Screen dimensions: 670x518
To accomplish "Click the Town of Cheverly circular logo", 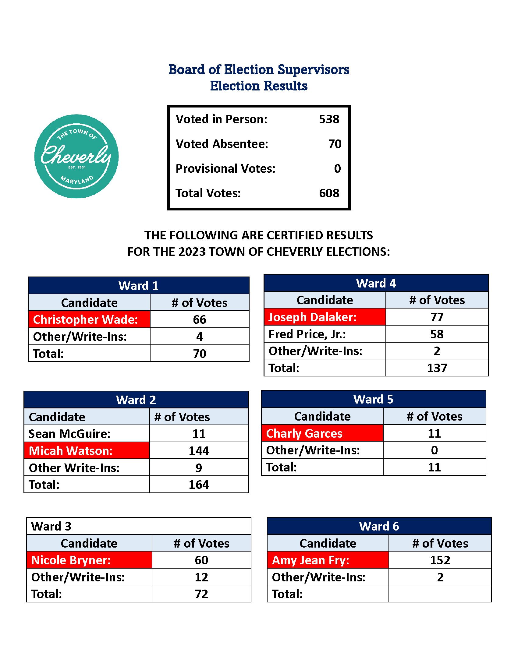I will tap(76, 156).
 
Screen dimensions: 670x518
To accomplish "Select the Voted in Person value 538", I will tap(329, 119).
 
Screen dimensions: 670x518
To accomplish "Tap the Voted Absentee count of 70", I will tap(335, 144).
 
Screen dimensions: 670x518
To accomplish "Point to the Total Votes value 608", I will tap(329, 193).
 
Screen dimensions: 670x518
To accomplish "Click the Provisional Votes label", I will tap(225, 169).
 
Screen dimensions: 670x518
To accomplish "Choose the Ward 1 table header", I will tap(138, 286).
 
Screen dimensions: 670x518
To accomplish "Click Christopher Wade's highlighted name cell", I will tap(89, 320).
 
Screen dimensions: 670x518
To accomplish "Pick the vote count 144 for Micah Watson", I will tap(199, 451).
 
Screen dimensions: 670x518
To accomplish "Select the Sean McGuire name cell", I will tap(87, 434).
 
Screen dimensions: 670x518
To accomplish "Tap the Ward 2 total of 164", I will tap(199, 485).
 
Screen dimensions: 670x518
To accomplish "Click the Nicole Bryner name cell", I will tap(89, 560).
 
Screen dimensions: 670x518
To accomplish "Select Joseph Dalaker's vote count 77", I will tap(437, 317).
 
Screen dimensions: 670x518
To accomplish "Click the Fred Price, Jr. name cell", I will tap(325, 334).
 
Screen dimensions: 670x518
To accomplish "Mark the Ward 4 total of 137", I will tap(437, 368).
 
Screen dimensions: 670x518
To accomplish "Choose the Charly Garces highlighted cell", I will tap(322, 433).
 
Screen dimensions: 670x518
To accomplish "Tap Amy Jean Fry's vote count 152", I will tap(440, 560).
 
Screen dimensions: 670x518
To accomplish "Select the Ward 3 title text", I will tap(51, 527).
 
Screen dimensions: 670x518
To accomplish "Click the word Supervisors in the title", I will tap(313, 70).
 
